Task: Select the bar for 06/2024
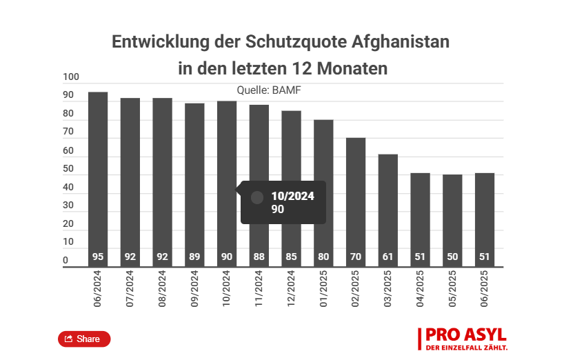pos(98,179)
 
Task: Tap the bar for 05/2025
pos(452,220)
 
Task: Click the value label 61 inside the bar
pos(387,257)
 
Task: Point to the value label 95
pos(98,257)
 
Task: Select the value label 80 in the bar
pos(323,257)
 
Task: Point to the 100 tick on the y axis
pos(71,77)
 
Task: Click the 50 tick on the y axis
pos(68,169)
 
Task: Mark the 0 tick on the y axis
pos(66,261)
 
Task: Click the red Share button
pos(83,339)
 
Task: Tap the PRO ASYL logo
pos(463,339)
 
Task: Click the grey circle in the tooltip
pos(257,198)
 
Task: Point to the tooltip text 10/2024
pos(292,196)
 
